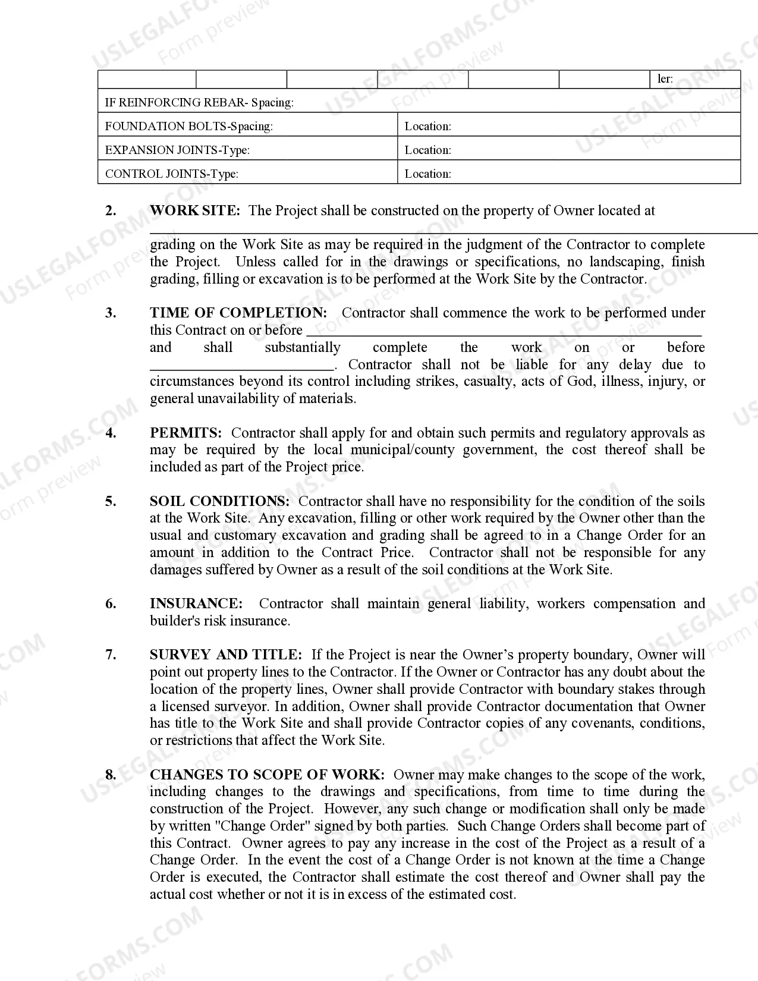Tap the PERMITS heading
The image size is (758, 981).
pos(185,433)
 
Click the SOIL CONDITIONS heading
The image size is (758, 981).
pos(219,501)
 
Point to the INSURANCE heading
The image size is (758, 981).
pos(196,603)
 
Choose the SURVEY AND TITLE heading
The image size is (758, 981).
pos(226,655)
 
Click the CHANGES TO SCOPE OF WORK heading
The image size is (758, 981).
pos(267,775)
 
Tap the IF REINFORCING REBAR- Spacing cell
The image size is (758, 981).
pos(199,102)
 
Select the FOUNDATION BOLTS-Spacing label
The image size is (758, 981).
pos(188,126)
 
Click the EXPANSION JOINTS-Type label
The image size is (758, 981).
pos(177,150)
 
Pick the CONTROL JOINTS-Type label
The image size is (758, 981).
pos(171,174)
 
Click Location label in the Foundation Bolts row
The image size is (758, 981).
pos(427,126)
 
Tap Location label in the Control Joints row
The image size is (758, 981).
pos(427,174)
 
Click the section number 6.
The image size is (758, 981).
pos(111,603)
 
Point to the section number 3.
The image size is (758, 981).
pos(111,313)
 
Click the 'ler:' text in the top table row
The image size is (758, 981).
pos(665,79)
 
